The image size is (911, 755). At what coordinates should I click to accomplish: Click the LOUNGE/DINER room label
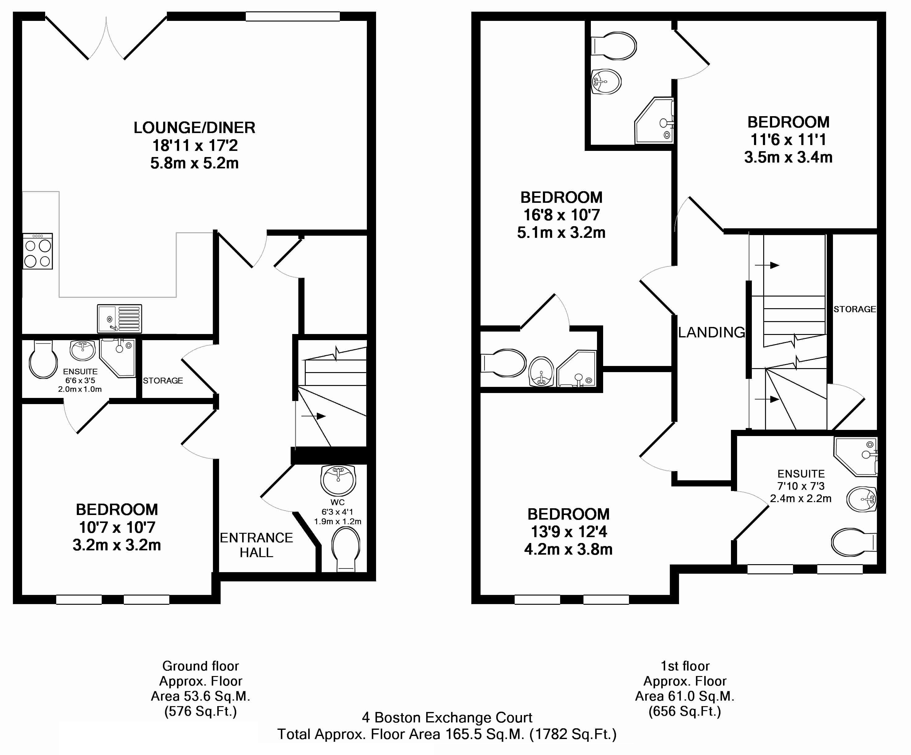coord(194,128)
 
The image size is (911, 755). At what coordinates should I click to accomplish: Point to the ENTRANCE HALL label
coord(256,545)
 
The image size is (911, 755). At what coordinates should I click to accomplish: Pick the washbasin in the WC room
coord(338,479)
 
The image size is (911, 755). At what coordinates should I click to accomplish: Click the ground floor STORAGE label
coord(163,380)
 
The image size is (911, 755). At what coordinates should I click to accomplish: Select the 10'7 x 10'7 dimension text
coord(117,527)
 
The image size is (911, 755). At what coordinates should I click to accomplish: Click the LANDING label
coord(712,332)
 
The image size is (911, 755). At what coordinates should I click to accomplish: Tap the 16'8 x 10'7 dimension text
coord(561,215)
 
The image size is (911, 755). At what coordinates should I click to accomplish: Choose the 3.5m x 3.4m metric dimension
coord(788,157)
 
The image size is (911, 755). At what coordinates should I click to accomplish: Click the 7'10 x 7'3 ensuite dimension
coord(801,486)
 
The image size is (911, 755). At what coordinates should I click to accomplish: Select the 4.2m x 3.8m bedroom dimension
coord(568,549)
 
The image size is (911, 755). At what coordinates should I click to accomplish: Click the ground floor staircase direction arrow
coord(313,416)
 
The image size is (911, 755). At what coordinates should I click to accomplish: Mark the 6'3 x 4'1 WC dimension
coord(337,512)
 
